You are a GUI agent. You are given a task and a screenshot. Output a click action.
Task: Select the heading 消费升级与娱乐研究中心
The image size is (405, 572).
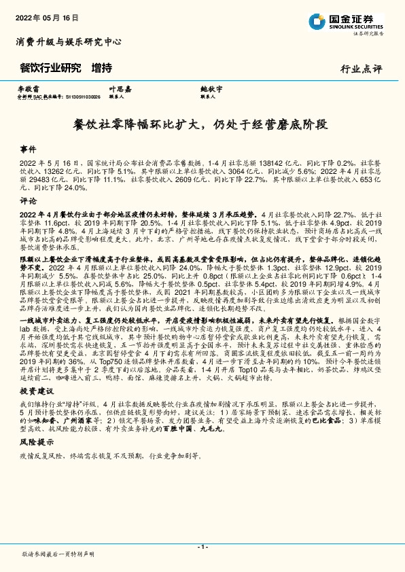[69, 41]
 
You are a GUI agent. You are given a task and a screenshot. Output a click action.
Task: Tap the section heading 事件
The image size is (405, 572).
[28, 148]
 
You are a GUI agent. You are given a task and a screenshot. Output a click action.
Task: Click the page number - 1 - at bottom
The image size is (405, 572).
[202, 546]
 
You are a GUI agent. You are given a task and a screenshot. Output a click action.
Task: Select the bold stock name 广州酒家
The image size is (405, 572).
[73, 441]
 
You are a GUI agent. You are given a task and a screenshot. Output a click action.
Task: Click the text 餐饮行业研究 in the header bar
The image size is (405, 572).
[51, 68]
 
